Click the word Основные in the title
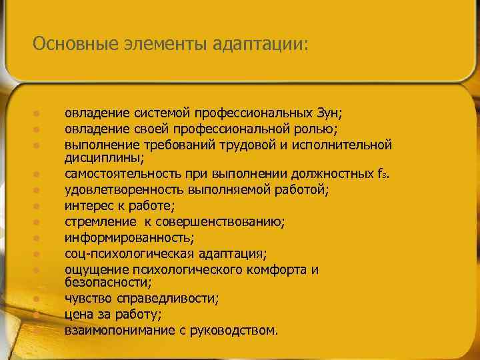point(75,44)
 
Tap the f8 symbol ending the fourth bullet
point(380,175)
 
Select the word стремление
point(97,222)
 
